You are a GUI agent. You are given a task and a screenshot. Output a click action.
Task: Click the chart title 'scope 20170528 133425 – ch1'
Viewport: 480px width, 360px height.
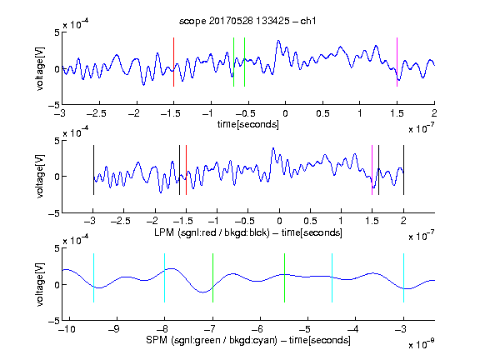(247, 21)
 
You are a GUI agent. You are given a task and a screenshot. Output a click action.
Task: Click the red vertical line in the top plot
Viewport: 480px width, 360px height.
(173, 62)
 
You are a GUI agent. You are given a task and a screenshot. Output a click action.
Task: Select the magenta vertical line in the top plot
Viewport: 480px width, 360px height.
(397, 62)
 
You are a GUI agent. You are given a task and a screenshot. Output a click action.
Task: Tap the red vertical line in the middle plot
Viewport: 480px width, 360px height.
(186, 170)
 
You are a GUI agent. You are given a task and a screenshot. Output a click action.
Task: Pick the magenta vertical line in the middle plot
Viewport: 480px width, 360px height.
(372, 170)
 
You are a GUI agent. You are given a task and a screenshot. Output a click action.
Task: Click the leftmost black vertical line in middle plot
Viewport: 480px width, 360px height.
(93, 170)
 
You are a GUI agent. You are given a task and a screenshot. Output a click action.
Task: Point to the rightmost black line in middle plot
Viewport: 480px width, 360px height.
(403, 170)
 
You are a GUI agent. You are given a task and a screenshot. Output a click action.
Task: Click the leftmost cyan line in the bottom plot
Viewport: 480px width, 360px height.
(93, 278)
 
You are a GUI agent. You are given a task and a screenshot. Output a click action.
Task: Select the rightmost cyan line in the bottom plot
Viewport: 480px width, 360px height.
(403, 278)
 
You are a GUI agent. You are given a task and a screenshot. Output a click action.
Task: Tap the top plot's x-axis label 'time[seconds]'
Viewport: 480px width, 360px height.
(248, 124)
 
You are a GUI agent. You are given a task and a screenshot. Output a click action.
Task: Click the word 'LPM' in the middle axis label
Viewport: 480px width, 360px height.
(164, 232)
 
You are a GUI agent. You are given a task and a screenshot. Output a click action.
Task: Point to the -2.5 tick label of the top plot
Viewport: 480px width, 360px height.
(97, 113)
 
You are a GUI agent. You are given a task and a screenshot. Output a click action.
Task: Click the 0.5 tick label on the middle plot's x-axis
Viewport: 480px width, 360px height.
(310, 221)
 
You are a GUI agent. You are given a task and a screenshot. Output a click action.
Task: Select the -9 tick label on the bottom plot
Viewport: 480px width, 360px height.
(114, 329)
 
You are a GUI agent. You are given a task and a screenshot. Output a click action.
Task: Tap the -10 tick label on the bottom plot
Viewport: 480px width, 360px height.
(67, 329)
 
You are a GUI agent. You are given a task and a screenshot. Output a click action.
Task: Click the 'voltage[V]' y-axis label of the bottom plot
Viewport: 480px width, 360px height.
(40, 284)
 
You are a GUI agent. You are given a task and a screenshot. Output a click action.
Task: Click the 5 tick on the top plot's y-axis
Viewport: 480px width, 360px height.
(57, 32)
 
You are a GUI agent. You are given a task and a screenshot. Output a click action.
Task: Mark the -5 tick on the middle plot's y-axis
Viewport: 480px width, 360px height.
(54, 213)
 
